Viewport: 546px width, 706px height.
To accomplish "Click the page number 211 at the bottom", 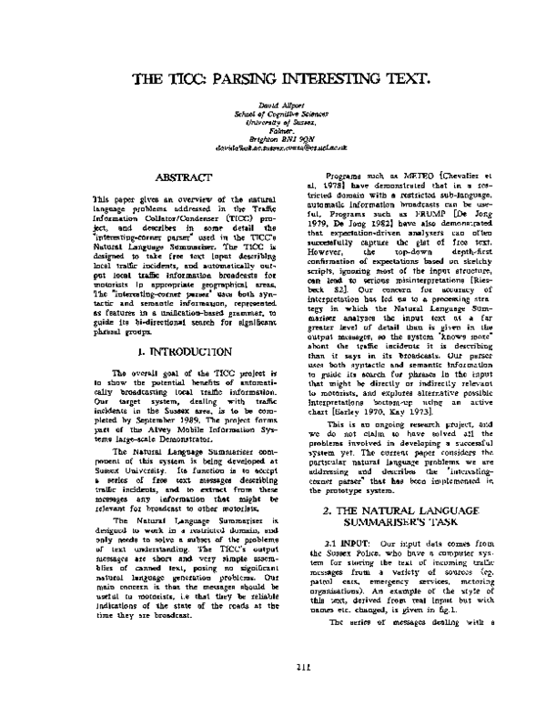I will pos(274,672).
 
